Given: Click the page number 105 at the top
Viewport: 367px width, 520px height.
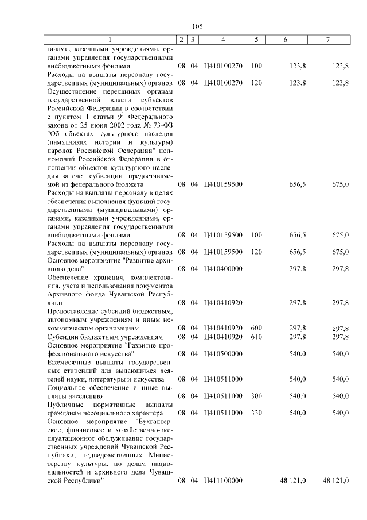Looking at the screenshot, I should (197, 26).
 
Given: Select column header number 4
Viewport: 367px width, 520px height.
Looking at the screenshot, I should (222, 39).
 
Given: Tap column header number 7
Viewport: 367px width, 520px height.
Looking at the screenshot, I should (327, 39).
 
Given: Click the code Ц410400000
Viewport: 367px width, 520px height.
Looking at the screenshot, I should (222, 268).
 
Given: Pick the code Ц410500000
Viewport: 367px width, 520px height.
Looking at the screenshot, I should (222, 354).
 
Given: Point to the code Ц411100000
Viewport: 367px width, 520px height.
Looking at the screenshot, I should (222, 480).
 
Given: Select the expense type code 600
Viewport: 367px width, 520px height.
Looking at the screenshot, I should (256, 328).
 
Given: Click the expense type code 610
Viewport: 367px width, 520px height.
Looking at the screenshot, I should (256, 336).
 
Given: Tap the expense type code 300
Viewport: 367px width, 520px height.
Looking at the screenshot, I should (256, 396).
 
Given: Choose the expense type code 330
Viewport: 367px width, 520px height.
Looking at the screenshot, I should (256, 413).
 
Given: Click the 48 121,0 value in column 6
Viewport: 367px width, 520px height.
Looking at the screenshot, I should (292, 480).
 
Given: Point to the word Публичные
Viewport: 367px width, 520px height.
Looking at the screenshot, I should (66, 405).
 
